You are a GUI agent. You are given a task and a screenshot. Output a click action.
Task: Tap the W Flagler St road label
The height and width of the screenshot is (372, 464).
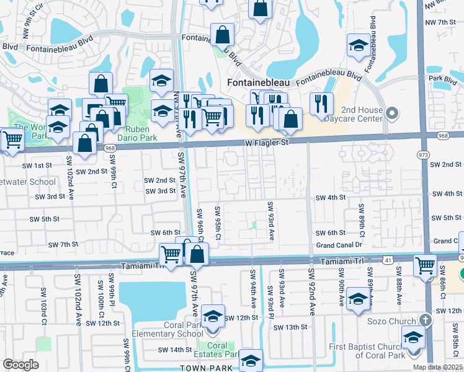tap(267, 143)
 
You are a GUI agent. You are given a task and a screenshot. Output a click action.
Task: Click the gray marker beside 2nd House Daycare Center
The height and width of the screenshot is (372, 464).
tap(391, 113)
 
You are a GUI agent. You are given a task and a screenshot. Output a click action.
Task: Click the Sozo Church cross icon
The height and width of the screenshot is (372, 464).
tap(424, 321)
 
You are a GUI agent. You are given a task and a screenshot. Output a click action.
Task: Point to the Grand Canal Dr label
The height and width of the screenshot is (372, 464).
tap(339, 245)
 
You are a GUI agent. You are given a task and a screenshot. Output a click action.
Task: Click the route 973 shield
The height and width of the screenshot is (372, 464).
tap(424, 154)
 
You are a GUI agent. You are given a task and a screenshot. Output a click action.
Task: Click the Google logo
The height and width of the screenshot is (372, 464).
tap(21, 364)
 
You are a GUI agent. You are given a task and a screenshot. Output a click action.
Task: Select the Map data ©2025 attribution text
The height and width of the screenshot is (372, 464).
tap(437, 367)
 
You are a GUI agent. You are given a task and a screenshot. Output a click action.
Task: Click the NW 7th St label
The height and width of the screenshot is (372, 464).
tap(446, 22)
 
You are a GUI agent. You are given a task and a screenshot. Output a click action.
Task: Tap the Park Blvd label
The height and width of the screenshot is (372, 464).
tap(442, 79)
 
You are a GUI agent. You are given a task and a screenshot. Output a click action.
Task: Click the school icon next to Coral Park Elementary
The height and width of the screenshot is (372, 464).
tap(213, 317)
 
